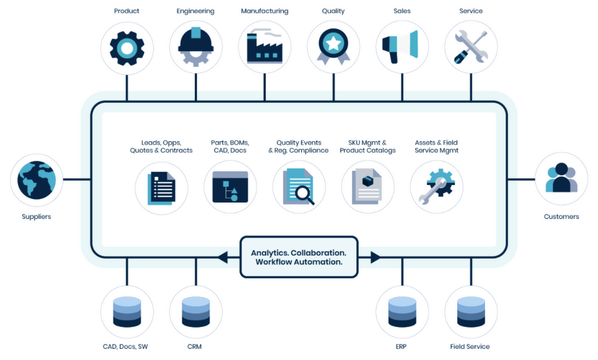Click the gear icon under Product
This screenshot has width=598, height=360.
point(127,48)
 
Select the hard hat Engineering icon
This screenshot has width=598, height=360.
point(195,48)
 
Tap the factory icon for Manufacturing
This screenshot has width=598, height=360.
point(264,48)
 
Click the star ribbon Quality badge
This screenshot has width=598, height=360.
point(333,48)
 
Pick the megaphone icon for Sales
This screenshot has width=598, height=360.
point(402,48)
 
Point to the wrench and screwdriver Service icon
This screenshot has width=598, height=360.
point(471,48)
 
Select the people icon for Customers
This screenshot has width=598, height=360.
point(561,179)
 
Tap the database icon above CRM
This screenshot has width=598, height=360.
point(195,312)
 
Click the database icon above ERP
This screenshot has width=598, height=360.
point(402,312)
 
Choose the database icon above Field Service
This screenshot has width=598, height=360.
point(471,312)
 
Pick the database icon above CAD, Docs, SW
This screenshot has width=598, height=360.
point(127,312)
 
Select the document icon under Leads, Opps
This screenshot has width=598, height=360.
point(161,187)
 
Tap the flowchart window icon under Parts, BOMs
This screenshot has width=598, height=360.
point(230,187)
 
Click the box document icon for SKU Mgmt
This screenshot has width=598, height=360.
point(368,187)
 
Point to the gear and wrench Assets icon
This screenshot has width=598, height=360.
point(436,187)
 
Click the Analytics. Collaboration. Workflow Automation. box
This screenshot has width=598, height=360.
point(299,257)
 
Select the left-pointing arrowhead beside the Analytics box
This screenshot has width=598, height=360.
point(223,257)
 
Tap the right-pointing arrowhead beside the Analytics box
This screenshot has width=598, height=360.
point(375,257)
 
